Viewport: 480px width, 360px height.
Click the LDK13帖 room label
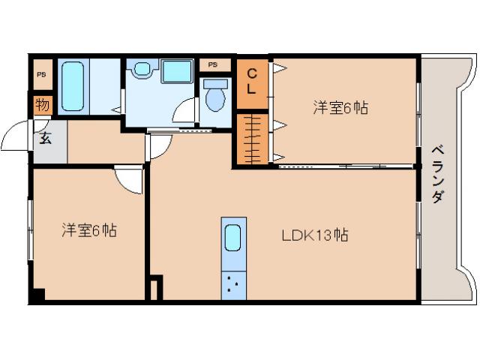point(314,235)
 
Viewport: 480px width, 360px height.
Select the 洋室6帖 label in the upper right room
point(340,107)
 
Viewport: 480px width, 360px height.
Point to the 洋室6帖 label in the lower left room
point(88,229)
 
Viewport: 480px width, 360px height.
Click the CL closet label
point(253,81)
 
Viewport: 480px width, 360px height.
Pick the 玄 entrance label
point(45,138)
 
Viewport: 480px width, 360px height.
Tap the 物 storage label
point(42,105)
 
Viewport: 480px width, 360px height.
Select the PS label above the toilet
point(214,65)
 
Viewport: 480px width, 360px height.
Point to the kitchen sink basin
point(233,238)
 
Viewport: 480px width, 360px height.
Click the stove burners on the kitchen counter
point(234,284)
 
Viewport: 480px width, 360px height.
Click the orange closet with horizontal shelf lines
point(253,138)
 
